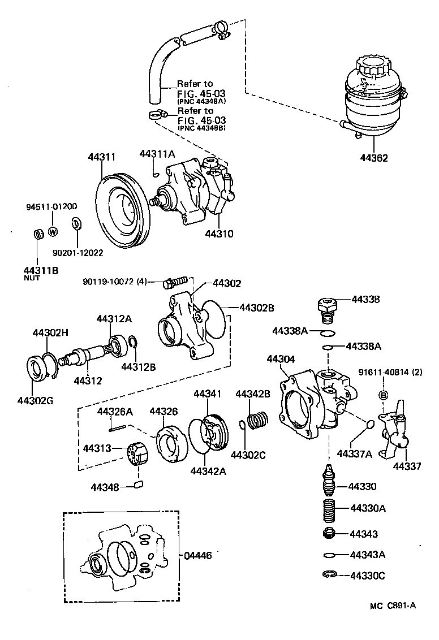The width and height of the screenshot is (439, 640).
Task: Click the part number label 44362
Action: [372, 158]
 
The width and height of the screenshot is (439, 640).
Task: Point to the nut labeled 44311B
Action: [38, 233]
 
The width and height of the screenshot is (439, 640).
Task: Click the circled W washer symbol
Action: [53, 231]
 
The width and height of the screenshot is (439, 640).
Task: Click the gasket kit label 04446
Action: [198, 556]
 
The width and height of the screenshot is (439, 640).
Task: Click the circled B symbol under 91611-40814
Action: [382, 395]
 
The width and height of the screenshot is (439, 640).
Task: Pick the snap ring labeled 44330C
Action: [329, 576]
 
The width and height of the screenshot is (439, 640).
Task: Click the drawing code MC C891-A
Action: [393, 606]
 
